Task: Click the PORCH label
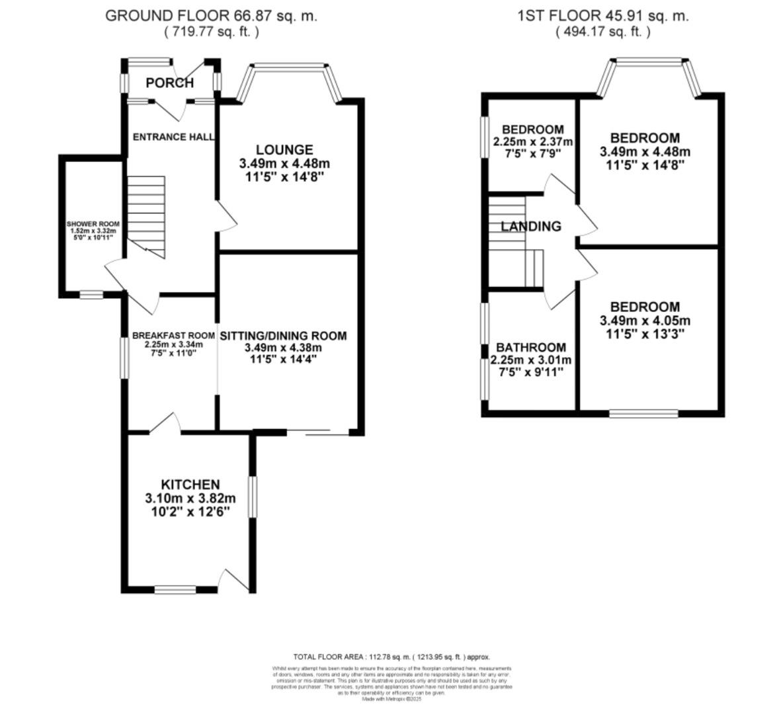tap(170, 83)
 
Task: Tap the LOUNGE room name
tap(284, 150)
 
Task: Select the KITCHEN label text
tap(191, 485)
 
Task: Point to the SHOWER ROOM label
tap(93, 224)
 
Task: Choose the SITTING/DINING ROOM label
tap(283, 336)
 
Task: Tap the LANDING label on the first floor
tap(531, 227)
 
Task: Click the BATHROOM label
tap(531, 347)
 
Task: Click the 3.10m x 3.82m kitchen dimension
tap(190, 498)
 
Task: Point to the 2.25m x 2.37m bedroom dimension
tap(533, 141)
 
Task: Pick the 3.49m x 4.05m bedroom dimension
tap(645, 321)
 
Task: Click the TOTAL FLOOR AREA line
tap(391, 657)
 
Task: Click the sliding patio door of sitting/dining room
tap(327, 434)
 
